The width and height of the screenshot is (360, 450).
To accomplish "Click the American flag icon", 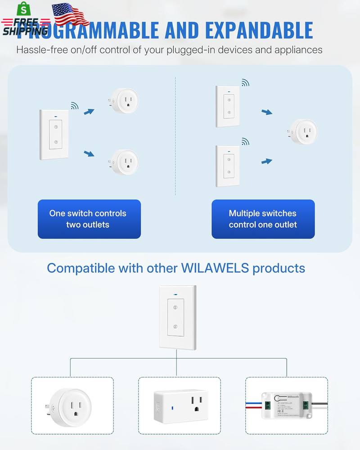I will tap(71, 14).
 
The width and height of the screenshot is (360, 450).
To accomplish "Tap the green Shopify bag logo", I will tap(21, 9).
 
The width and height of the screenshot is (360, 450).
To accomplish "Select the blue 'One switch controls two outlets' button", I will tap(89, 219).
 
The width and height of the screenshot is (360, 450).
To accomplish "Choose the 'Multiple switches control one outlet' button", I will tap(263, 219).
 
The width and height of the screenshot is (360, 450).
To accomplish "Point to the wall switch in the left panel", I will tap(55, 135).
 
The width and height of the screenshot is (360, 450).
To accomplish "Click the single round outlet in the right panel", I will tap(304, 132).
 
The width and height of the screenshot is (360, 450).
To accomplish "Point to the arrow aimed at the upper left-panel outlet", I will tap(89, 112).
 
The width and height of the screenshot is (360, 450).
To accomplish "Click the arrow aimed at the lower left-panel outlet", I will tap(89, 154).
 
